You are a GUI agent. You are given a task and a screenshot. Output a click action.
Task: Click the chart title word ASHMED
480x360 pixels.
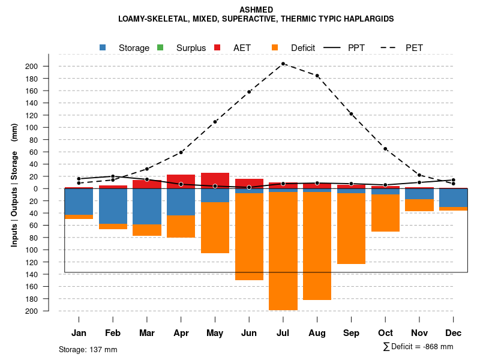coord(256,10)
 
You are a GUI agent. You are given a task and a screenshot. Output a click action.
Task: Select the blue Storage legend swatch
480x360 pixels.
coord(103,47)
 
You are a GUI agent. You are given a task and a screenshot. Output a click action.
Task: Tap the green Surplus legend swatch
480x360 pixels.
coord(160,47)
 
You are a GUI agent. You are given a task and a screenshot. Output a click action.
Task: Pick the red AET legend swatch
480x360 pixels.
coord(217,47)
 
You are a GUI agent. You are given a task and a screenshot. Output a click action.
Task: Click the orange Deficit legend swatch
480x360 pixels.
coord(275,47)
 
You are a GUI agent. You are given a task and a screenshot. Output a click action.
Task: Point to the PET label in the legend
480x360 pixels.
coord(414,47)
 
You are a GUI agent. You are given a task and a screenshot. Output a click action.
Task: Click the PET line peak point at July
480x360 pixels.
coord(283,64)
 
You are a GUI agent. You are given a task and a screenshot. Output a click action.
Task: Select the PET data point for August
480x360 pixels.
coord(317,76)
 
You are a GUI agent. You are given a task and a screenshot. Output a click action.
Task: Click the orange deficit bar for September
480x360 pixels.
coord(351,228)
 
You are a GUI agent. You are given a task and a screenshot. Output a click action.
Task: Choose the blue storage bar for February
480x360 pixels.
coord(113,206)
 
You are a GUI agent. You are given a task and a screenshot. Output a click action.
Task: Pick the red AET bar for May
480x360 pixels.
coord(215,181)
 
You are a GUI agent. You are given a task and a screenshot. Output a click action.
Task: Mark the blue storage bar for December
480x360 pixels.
coord(453,197)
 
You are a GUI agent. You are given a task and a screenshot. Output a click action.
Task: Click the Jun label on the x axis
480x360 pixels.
coord(249,333)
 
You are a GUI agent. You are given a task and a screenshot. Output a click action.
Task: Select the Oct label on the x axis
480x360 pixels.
coord(385,333)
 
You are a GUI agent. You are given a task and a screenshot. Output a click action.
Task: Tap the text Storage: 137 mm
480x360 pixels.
coord(88,349)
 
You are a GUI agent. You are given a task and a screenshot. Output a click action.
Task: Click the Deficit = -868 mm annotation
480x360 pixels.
coord(418,346)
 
